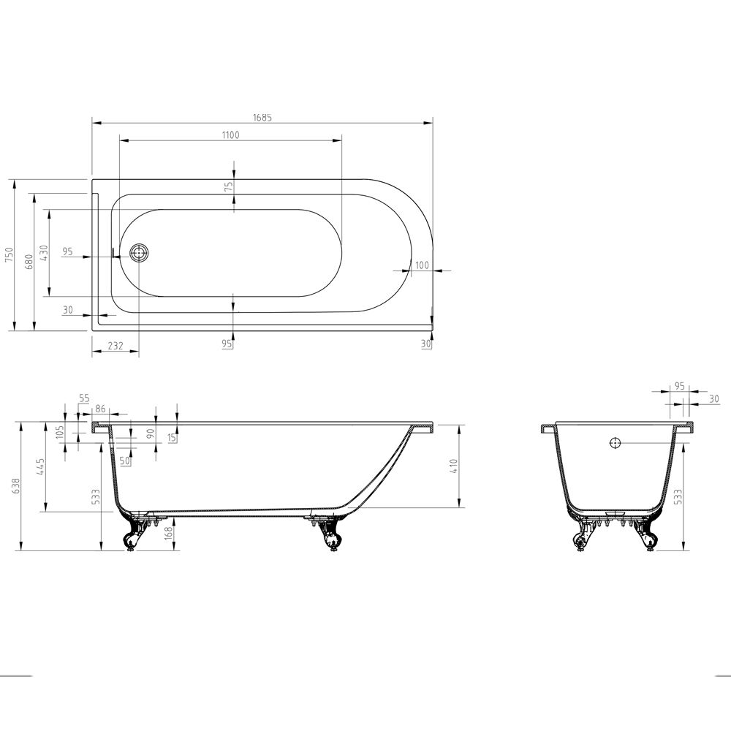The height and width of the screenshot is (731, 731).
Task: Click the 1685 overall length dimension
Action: tap(262, 118)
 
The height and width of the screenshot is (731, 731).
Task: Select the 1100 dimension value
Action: tap(230, 135)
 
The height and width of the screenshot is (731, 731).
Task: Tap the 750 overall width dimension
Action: tap(10, 255)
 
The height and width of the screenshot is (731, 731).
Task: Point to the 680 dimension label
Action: tap(29, 262)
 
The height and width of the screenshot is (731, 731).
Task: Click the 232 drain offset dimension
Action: tap(115, 346)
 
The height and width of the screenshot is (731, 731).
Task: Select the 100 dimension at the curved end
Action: tap(422, 265)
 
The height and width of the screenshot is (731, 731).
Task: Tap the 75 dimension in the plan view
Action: tap(228, 187)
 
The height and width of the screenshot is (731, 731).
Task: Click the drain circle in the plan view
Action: tap(139, 253)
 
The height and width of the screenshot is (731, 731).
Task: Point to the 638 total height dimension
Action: tap(17, 486)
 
